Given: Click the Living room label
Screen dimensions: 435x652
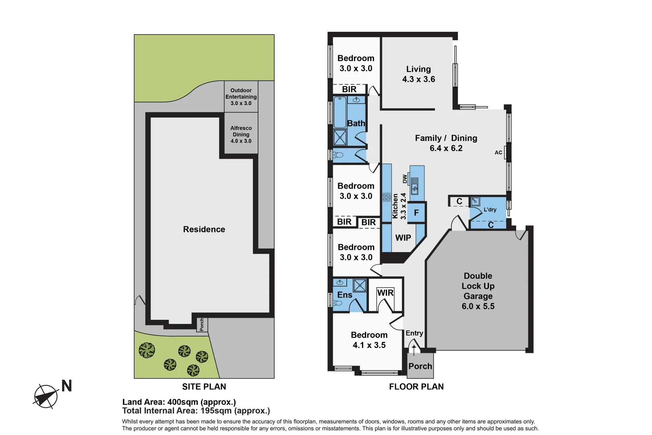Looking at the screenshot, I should pyautogui.click(x=418, y=74).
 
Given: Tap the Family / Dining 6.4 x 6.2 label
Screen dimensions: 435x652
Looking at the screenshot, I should pyautogui.click(x=446, y=143).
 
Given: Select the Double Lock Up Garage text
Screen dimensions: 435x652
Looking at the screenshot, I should pyautogui.click(x=478, y=290).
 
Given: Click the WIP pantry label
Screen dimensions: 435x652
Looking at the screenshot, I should pyautogui.click(x=403, y=238).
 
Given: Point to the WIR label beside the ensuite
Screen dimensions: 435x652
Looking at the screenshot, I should pyautogui.click(x=385, y=293).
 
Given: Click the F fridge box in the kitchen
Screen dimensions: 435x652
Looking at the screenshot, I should pyautogui.click(x=416, y=212).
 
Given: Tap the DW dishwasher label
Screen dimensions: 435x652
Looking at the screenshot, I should pyautogui.click(x=405, y=178).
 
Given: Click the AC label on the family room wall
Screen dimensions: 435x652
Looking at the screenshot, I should pyautogui.click(x=498, y=152).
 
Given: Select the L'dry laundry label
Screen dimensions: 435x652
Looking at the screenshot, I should pyautogui.click(x=490, y=209).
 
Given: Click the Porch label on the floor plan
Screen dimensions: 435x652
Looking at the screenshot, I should pyautogui.click(x=420, y=366).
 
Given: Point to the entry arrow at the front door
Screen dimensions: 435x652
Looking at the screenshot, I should pyautogui.click(x=414, y=349).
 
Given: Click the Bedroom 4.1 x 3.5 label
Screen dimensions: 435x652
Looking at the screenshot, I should pyautogui.click(x=369, y=340).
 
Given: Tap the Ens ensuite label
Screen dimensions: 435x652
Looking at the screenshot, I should pyautogui.click(x=344, y=295).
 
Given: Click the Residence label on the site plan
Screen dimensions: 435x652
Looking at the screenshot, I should pyautogui.click(x=204, y=229).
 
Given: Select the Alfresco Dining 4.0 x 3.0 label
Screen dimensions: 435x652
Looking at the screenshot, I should pyautogui.click(x=241, y=135).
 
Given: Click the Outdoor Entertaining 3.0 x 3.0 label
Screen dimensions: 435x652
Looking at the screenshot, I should pyautogui.click(x=241, y=97).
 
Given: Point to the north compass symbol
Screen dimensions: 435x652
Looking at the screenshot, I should pyautogui.click(x=46, y=396).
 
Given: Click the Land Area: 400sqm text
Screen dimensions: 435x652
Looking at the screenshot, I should pyautogui.click(x=179, y=402).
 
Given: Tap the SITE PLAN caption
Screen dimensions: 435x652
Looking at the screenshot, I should pyautogui.click(x=204, y=386).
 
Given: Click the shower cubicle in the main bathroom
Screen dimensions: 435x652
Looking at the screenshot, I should pyautogui.click(x=340, y=137).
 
